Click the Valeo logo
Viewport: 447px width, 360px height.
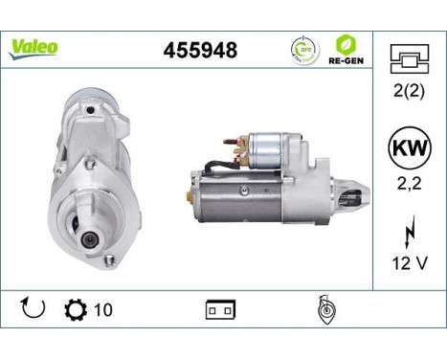(34, 47)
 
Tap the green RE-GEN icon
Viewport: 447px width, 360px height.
(346, 43)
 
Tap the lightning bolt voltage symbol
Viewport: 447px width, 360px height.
(410, 231)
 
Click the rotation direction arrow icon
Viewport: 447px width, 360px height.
(33, 309)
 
